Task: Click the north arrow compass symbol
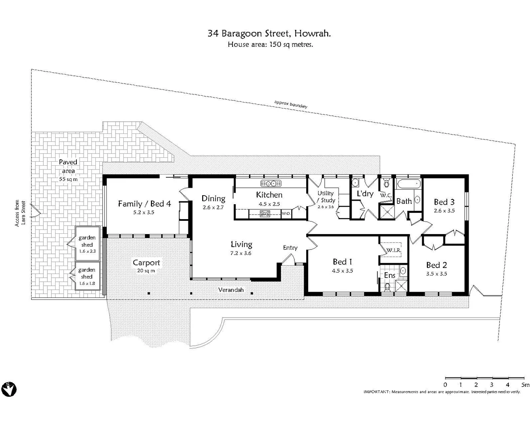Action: pos(9,389)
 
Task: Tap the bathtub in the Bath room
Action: pos(409,184)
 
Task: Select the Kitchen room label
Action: pos(269,195)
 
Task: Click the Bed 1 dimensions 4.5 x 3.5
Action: pos(342,271)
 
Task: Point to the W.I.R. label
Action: pos(393,250)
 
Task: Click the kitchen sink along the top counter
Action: pos(271,183)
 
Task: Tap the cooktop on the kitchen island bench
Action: pos(265,214)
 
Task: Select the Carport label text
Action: pos(146,262)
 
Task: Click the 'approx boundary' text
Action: pos(291,104)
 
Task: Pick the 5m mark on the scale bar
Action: pos(525,384)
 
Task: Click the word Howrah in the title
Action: pos(315,33)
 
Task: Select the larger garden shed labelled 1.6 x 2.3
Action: pos(87,244)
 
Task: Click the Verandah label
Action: pos(231,290)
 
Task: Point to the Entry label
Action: pos(290,248)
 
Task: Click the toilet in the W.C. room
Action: pos(386,183)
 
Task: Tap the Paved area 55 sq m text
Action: pos(68,170)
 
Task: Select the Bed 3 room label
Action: pos(444,202)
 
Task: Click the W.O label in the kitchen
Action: pos(286,214)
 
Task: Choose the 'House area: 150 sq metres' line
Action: pos(270,44)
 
